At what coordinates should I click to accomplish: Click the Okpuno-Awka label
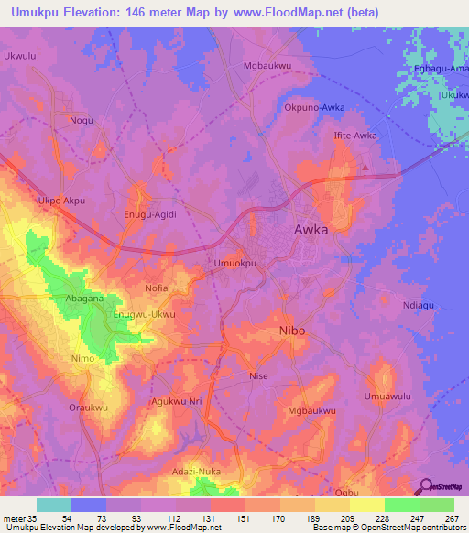(x=314, y=107)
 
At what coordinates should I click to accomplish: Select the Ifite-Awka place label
(x=354, y=136)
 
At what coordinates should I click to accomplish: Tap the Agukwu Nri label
(x=176, y=402)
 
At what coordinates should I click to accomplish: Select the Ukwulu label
(x=20, y=56)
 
